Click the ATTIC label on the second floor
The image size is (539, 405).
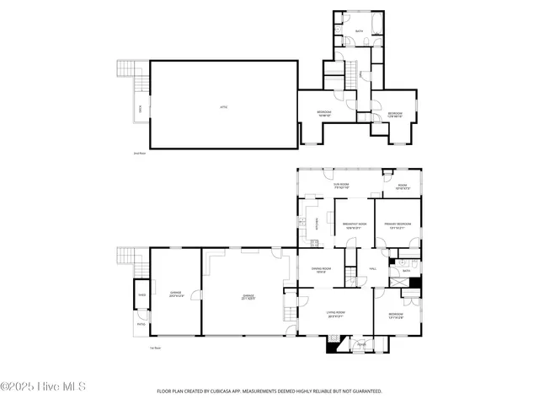[223, 107]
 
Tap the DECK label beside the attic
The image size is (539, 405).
[141, 107]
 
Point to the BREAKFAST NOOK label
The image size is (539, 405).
[354, 226]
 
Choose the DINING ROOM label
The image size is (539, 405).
[320, 270]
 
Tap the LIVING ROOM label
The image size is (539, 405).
[336, 314]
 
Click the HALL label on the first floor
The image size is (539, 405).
[372, 269]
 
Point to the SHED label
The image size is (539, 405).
[141, 295]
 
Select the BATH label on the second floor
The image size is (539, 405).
[359, 31]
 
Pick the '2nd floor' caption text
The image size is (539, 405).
[140, 154]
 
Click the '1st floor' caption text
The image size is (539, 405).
[155, 348]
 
